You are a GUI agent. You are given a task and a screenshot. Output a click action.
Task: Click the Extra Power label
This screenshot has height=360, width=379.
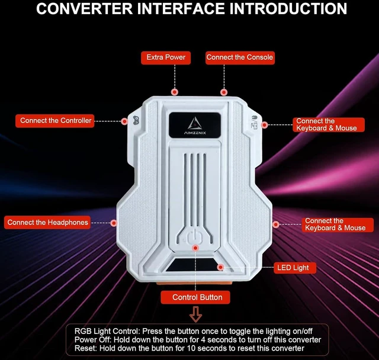(x=166, y=57)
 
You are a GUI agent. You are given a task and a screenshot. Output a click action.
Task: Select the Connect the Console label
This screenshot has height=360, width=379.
(x=240, y=57)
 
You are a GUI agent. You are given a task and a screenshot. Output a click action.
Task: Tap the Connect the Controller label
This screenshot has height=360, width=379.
(x=55, y=121)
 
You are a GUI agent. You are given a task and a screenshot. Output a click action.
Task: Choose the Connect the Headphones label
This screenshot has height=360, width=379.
(x=47, y=222)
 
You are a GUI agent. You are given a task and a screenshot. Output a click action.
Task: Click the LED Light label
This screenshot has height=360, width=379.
(x=295, y=268)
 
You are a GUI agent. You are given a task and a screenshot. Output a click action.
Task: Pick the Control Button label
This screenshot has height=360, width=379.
(x=195, y=297)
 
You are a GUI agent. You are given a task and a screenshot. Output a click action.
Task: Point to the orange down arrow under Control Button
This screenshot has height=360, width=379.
(x=195, y=314)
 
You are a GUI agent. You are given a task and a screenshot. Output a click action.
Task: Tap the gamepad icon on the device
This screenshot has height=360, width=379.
(x=136, y=120)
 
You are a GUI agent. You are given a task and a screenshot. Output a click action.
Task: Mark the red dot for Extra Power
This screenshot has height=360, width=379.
(x=175, y=92)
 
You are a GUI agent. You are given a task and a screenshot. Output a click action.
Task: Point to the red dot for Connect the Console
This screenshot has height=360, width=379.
(x=224, y=92)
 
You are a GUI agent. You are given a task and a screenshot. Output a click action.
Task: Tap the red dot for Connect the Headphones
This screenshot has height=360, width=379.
(x=114, y=223)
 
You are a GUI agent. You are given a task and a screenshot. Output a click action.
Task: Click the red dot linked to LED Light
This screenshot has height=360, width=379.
(x=220, y=267)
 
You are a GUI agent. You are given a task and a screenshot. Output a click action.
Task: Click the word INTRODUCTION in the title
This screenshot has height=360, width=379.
(x=288, y=9)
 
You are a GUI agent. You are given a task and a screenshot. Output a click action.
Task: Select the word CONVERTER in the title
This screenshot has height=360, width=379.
(x=84, y=9)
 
